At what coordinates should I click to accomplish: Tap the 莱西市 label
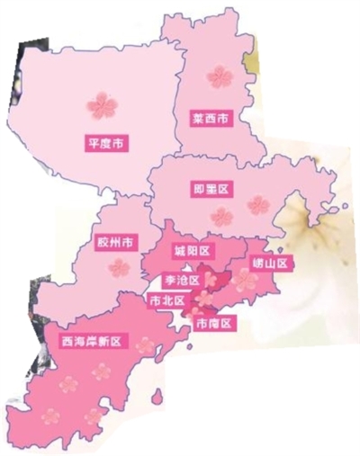[x=211, y=118]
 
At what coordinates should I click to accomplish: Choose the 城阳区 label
[x=192, y=249]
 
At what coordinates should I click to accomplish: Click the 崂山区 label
[x=269, y=264]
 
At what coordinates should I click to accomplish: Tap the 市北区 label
[x=168, y=299]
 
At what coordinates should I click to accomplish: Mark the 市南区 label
[x=213, y=322]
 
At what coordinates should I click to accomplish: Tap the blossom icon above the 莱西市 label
[x=218, y=76]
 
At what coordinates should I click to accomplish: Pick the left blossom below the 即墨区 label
[x=221, y=216]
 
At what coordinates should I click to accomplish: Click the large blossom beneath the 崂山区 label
[x=245, y=281]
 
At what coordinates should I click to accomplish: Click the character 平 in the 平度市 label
[x=92, y=141]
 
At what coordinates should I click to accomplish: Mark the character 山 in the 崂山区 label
[x=269, y=264]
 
